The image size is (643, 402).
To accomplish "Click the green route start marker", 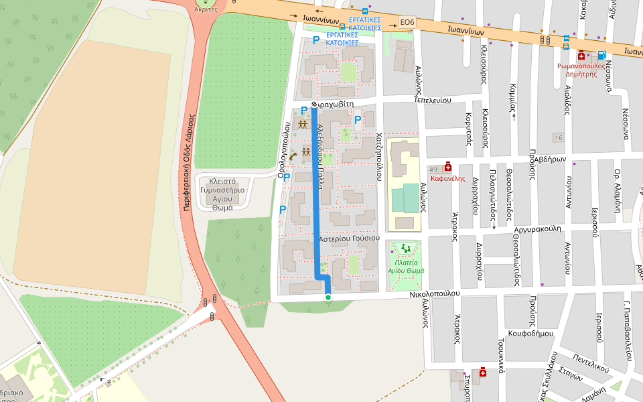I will coord(328,297).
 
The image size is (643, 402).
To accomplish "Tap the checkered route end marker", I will coord(313,105).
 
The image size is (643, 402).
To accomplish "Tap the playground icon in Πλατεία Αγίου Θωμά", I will coord(405,249).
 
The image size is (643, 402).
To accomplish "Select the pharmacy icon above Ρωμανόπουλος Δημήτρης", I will coord(581,56).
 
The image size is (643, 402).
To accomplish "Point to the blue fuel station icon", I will coord(601,56).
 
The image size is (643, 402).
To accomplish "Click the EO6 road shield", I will coord(407,22).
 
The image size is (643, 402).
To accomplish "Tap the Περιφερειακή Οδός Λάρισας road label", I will coord(189,161).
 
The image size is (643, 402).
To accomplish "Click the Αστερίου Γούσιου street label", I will coord(349,239).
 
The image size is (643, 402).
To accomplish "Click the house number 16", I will coord(558,137).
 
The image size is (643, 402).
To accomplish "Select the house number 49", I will coord(433,170).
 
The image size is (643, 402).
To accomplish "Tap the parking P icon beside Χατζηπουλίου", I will coord(358,121).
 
